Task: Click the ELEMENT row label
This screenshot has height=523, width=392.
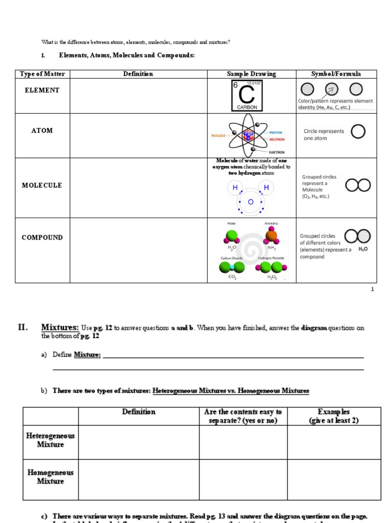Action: pos(42,90)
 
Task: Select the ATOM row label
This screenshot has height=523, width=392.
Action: pos(42,131)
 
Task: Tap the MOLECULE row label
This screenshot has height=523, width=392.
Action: pos(42,185)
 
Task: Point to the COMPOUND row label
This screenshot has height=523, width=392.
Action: pos(42,237)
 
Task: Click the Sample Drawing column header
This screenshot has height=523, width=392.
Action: pos(251,74)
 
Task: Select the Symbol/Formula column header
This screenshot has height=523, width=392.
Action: pos(336,74)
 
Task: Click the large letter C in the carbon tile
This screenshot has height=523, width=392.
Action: pos(247,95)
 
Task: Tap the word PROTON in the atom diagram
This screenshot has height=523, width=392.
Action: pos(276,133)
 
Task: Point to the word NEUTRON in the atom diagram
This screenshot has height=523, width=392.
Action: pos(277,139)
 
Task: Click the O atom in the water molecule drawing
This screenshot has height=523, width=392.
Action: pos(251,202)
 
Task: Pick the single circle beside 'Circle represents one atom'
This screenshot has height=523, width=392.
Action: pos(358,132)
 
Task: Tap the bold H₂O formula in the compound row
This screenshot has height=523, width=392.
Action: pos(363,249)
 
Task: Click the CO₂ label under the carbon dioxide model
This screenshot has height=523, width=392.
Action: pos(232,277)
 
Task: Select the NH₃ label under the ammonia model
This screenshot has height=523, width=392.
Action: pos(271,248)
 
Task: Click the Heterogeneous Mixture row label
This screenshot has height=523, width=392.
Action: pos(51,440)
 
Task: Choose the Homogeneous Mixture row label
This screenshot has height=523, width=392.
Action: pos(51,477)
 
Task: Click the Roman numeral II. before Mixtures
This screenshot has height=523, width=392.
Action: pos(22,327)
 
